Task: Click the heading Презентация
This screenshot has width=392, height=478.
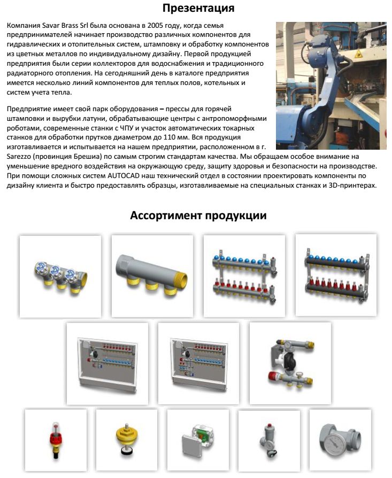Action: pos(198,9)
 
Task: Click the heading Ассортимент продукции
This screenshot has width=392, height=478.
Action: pos(198,216)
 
